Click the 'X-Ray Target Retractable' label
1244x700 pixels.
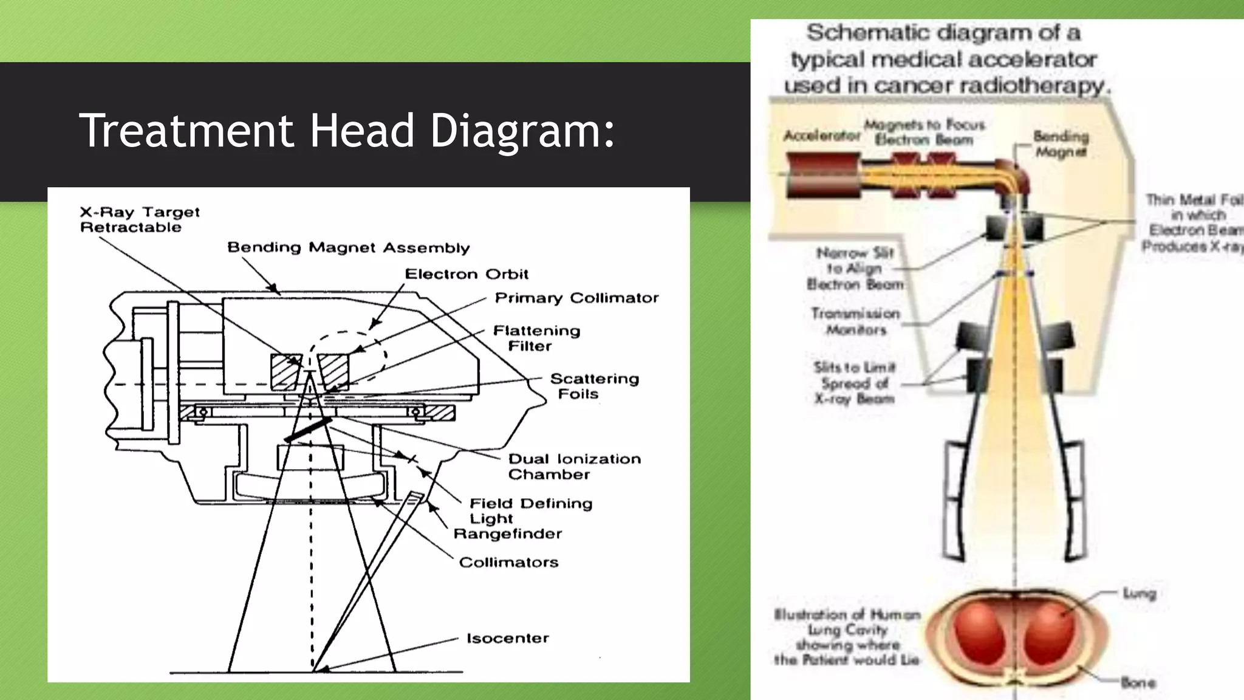tap(140, 219)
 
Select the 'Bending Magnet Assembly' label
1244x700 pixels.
tap(348, 247)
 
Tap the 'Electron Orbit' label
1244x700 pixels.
tap(466, 274)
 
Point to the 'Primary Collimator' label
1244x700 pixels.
tap(576, 298)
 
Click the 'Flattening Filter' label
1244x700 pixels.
tap(536, 338)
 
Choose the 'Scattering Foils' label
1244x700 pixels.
tap(594, 386)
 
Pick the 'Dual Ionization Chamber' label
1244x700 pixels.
tap(574, 466)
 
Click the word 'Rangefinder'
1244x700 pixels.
tap(508, 534)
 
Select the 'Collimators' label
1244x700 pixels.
tap(508, 562)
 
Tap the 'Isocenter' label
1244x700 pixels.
tap(507, 638)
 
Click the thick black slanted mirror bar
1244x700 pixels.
tap(309, 429)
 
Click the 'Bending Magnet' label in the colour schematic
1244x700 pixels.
tap(1061, 143)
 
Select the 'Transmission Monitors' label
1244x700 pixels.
tap(855, 321)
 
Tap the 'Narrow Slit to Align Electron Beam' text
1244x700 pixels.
tap(855, 268)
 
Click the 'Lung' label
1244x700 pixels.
tap(1139, 592)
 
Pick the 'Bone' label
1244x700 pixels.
tap(1138, 682)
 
